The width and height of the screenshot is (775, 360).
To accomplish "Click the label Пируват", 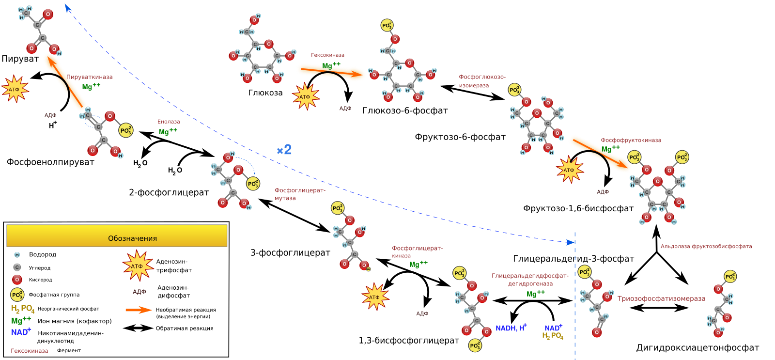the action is [20, 59].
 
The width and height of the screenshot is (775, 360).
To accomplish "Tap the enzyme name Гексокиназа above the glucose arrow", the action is [327, 55].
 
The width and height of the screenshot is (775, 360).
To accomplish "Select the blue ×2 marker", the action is [284, 150].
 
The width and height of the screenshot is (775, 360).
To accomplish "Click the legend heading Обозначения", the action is [133, 238].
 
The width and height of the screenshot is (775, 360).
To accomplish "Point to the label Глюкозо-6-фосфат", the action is [405, 111].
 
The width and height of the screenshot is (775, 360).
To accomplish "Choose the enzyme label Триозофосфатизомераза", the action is [661, 299].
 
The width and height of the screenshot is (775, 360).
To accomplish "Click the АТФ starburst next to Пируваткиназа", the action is [15, 89].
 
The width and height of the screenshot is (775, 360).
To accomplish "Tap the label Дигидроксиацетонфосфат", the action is [697, 347].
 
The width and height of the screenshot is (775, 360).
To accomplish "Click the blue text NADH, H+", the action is [511, 328].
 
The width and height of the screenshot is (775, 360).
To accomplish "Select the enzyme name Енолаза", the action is [169, 122].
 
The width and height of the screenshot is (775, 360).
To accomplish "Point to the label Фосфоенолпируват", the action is [50, 162].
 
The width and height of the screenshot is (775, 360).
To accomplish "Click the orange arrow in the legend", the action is [139, 310].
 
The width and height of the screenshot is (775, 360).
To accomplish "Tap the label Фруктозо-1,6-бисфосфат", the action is [578, 208].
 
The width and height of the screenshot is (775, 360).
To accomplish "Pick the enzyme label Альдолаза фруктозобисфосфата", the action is [706, 247].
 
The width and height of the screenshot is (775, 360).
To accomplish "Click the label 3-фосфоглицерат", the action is [290, 253].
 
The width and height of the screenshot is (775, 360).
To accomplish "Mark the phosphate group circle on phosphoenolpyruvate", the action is [126, 130].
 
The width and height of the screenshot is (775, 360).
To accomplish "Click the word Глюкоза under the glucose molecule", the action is [265, 93].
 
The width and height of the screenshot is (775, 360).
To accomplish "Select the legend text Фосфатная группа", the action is [54, 295].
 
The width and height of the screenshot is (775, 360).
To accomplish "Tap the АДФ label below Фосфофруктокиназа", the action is [603, 192].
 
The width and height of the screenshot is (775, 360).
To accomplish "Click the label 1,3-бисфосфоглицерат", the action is [409, 341].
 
